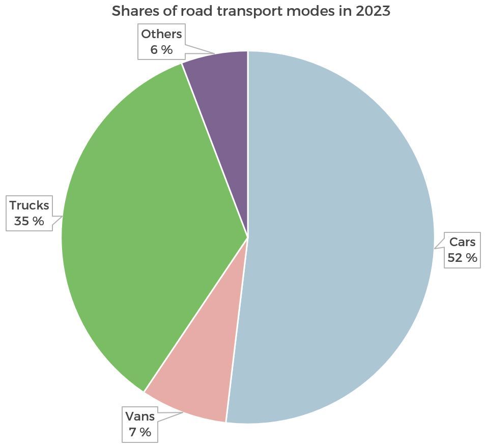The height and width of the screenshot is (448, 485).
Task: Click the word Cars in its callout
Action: pyautogui.click(x=462, y=242)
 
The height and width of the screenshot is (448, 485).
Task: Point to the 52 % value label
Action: pyautogui.click(x=462, y=258)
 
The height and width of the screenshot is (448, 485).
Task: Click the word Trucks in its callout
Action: pyautogui.click(x=29, y=205)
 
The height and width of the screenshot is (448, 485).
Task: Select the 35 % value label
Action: pyautogui.click(x=29, y=221)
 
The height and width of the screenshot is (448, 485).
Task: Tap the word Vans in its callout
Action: pyautogui.click(x=140, y=416)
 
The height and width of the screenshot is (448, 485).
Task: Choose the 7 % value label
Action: pyautogui.click(x=140, y=432)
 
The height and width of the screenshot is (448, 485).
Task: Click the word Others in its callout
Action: pyautogui.click(x=161, y=34)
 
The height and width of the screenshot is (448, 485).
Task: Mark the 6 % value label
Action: pyautogui.click(x=161, y=50)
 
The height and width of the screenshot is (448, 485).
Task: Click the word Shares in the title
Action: pyautogui.click(x=134, y=11)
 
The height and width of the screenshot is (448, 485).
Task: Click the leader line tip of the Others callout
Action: pyautogui.click(x=214, y=53)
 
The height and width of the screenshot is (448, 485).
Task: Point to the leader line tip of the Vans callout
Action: pyautogui.click(x=183, y=412)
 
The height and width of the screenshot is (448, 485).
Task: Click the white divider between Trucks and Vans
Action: pyautogui.click(x=196, y=315)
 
